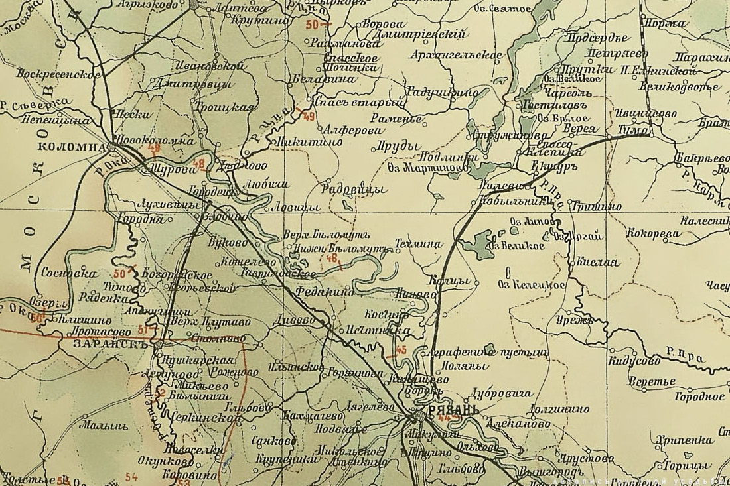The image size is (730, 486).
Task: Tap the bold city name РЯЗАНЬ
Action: [453, 410]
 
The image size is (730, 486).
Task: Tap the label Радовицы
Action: [354, 188]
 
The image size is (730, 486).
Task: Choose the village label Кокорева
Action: [654, 233]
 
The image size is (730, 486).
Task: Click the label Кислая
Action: [598, 262]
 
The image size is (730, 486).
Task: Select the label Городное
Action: [699, 396]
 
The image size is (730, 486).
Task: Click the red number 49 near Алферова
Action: [308, 117]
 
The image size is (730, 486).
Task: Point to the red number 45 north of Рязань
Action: [400, 350]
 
